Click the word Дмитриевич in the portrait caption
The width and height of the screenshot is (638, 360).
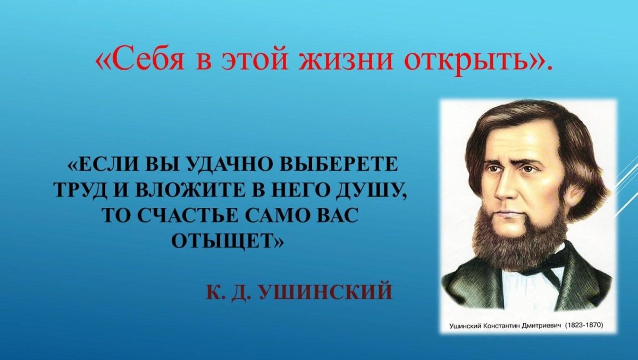(x=540, y=324)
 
